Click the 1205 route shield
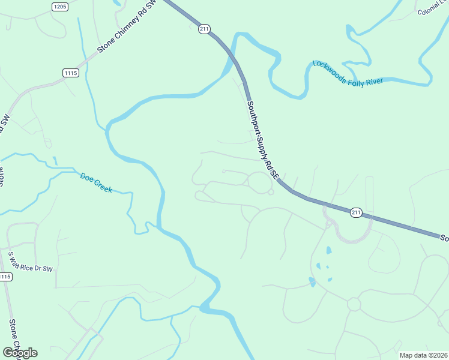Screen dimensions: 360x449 (59, 7)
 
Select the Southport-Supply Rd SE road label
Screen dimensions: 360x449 (263, 140)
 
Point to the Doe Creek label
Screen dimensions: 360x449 (96, 182)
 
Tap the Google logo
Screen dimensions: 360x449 (20, 353)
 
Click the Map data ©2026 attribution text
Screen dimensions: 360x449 (423, 355)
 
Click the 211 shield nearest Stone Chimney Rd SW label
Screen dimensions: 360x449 (204, 29)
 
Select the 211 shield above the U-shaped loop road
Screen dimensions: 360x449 (356, 212)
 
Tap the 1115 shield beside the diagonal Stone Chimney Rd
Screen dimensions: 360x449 (71, 73)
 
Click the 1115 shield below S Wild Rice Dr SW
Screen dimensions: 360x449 (5, 277)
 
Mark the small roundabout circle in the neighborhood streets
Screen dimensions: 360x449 (354, 304)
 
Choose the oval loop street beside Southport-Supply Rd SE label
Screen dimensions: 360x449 (259, 182)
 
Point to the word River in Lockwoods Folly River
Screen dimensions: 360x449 (373, 81)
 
